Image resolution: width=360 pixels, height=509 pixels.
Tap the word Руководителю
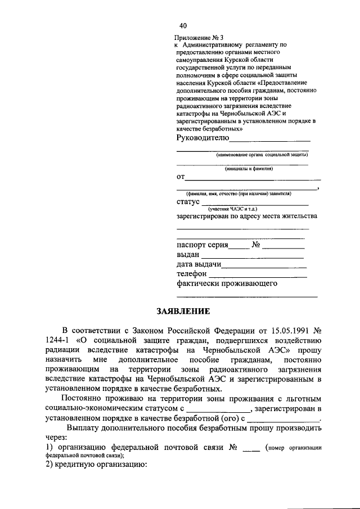[202, 138]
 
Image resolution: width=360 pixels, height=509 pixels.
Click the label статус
[188, 202]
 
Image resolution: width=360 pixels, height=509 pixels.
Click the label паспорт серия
[202, 245]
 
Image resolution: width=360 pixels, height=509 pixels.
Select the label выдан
[188, 255]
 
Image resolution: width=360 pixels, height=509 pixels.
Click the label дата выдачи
[199, 264]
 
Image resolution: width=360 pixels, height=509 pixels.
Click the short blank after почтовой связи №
[251, 448]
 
